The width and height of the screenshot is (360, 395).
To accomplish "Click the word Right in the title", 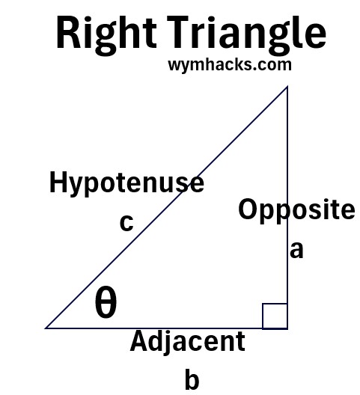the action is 106,34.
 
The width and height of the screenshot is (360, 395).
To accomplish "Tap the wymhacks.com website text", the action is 230,65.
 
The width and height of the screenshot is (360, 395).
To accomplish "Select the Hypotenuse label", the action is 126,183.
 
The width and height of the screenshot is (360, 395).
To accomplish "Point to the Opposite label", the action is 296,210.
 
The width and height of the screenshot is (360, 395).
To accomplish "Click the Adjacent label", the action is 188,343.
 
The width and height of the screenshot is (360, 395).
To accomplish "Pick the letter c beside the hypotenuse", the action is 126,223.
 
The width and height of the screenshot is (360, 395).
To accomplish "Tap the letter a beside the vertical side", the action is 296,250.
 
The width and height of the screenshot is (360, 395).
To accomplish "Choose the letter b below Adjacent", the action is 192,379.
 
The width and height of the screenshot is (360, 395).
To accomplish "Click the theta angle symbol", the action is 106,301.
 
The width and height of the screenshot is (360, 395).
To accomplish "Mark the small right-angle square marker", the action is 275,316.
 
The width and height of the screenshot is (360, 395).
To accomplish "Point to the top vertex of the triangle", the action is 287,87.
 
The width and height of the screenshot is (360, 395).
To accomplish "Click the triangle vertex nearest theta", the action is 46,328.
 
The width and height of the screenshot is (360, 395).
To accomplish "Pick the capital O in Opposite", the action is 248,209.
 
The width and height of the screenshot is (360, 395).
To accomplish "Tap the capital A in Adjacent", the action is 141,341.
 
